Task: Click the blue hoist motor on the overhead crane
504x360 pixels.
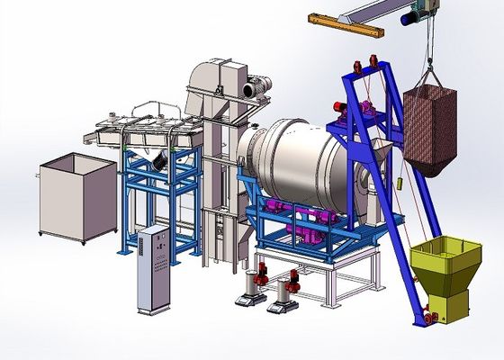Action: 416,13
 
